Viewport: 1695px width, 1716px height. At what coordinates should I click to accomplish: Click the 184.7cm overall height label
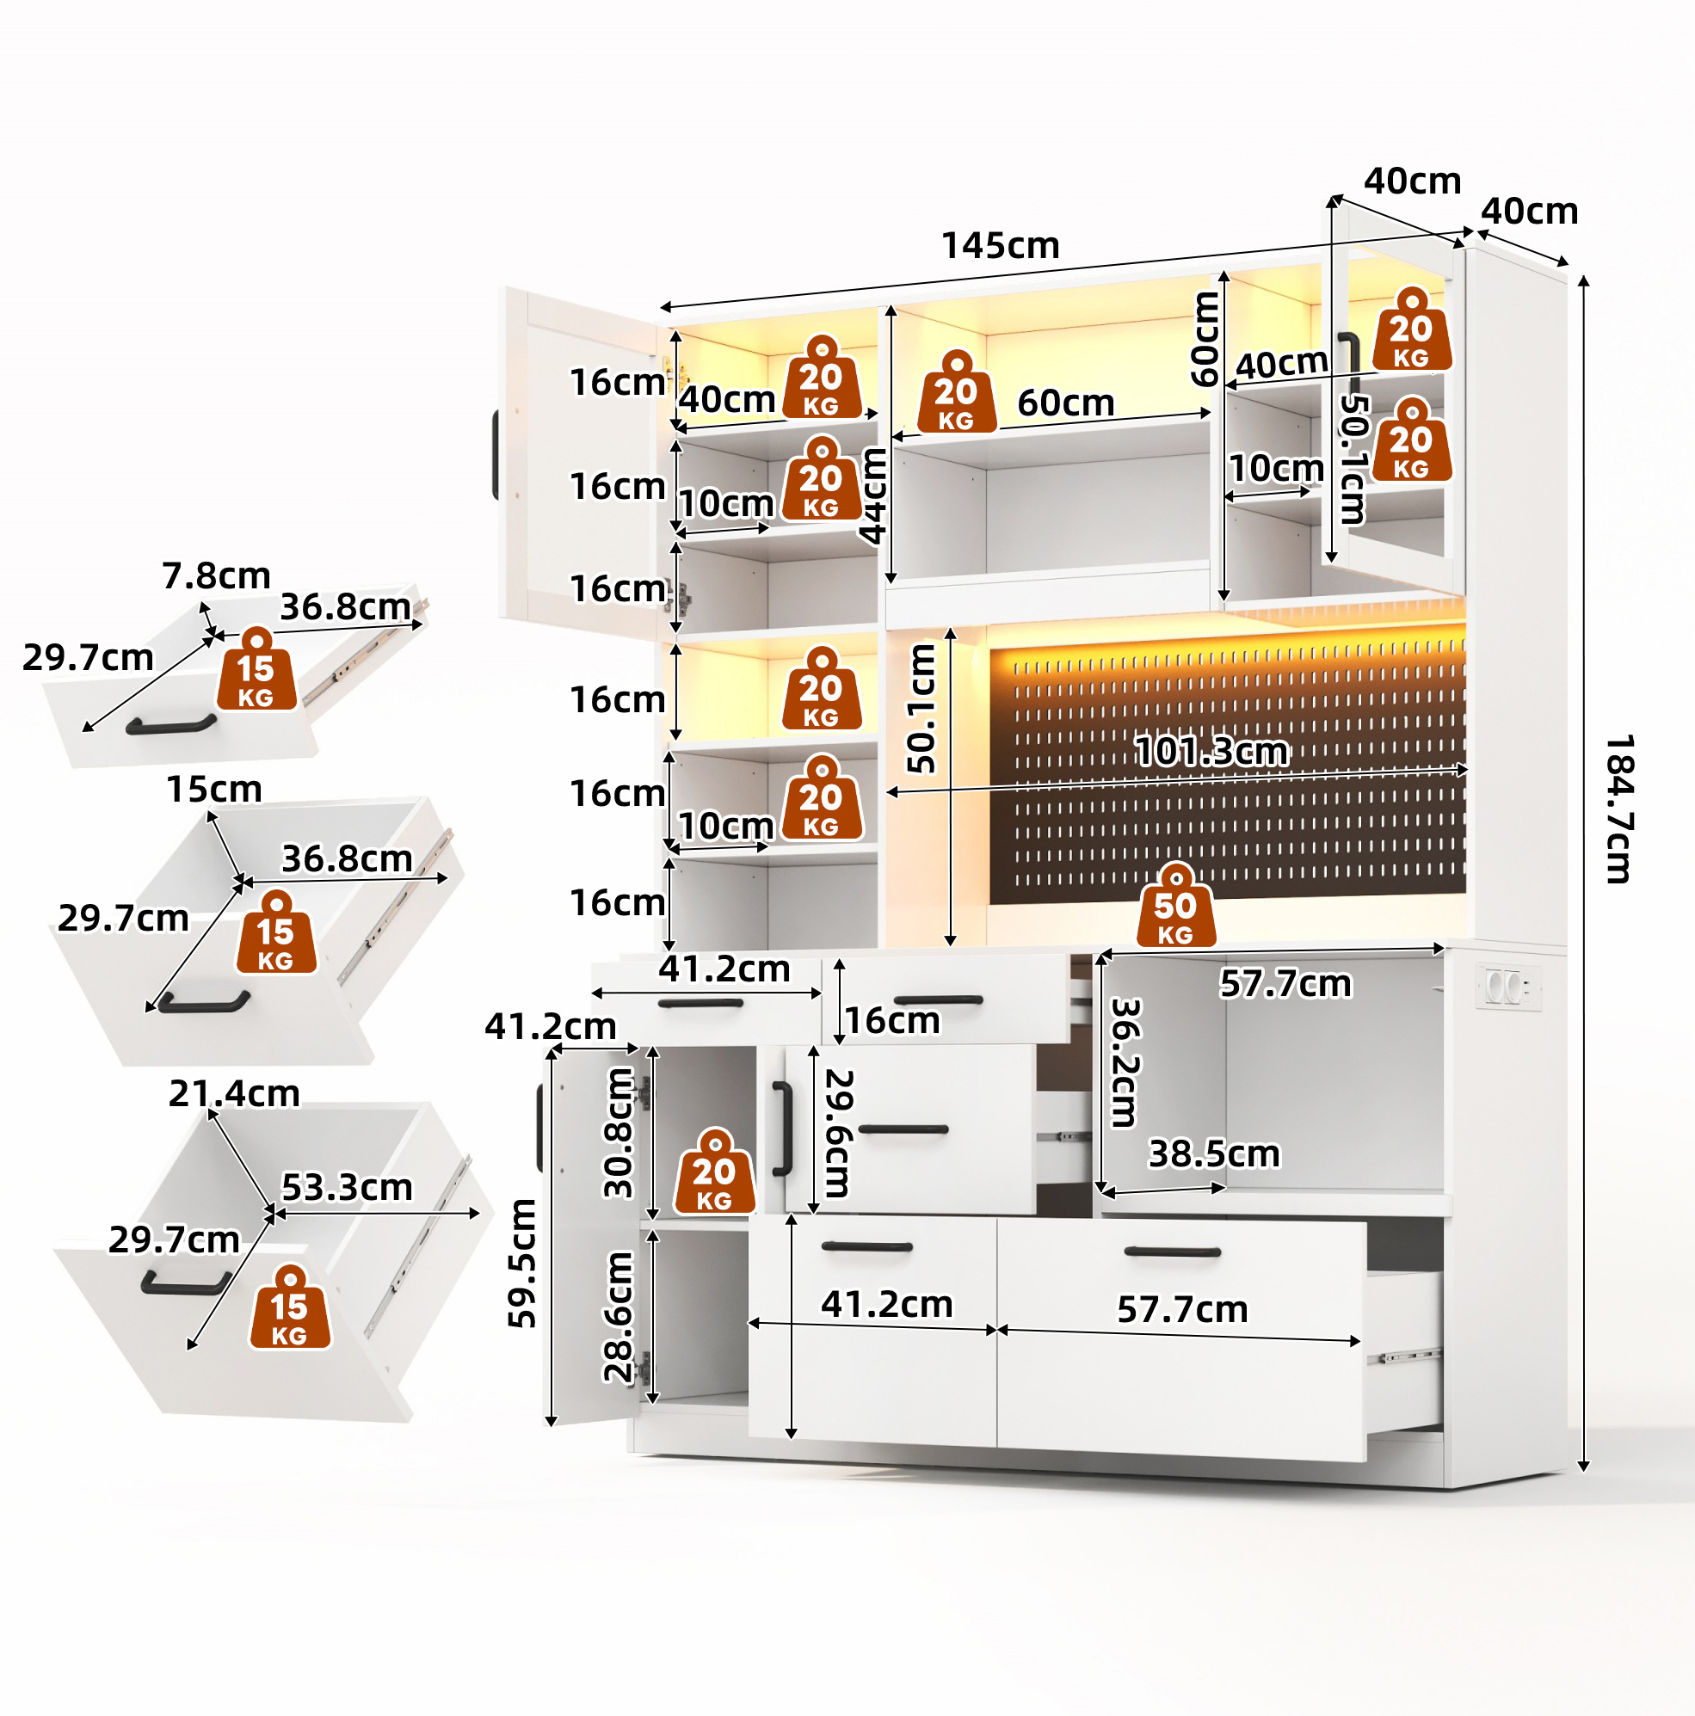[1618, 809]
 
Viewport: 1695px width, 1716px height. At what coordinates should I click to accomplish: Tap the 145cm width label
[1001, 246]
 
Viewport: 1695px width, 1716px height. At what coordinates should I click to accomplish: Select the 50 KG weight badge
[1175, 905]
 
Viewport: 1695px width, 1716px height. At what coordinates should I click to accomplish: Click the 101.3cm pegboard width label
[1211, 752]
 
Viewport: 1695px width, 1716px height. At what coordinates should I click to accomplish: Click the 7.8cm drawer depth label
[216, 575]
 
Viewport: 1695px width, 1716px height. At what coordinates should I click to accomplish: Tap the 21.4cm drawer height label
[235, 1093]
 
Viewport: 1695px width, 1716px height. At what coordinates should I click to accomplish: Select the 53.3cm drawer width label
[348, 1187]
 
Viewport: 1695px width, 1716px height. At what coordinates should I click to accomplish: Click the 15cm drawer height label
[214, 789]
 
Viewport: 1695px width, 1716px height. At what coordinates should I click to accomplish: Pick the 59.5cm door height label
[521, 1263]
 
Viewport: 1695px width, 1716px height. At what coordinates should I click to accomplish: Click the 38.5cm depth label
[1214, 1153]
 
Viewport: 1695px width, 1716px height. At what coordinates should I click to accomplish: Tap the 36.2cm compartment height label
[1125, 1062]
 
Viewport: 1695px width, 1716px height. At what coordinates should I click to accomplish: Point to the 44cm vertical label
[873, 495]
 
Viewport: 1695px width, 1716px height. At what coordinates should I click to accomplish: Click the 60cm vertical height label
[1205, 339]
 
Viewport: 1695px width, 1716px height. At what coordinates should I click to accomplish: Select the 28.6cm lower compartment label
[619, 1316]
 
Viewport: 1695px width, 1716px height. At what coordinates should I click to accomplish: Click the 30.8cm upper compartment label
[619, 1134]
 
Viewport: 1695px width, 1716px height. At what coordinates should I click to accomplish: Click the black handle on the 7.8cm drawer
[170, 724]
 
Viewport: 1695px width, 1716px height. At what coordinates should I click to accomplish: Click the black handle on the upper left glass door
[496, 455]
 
